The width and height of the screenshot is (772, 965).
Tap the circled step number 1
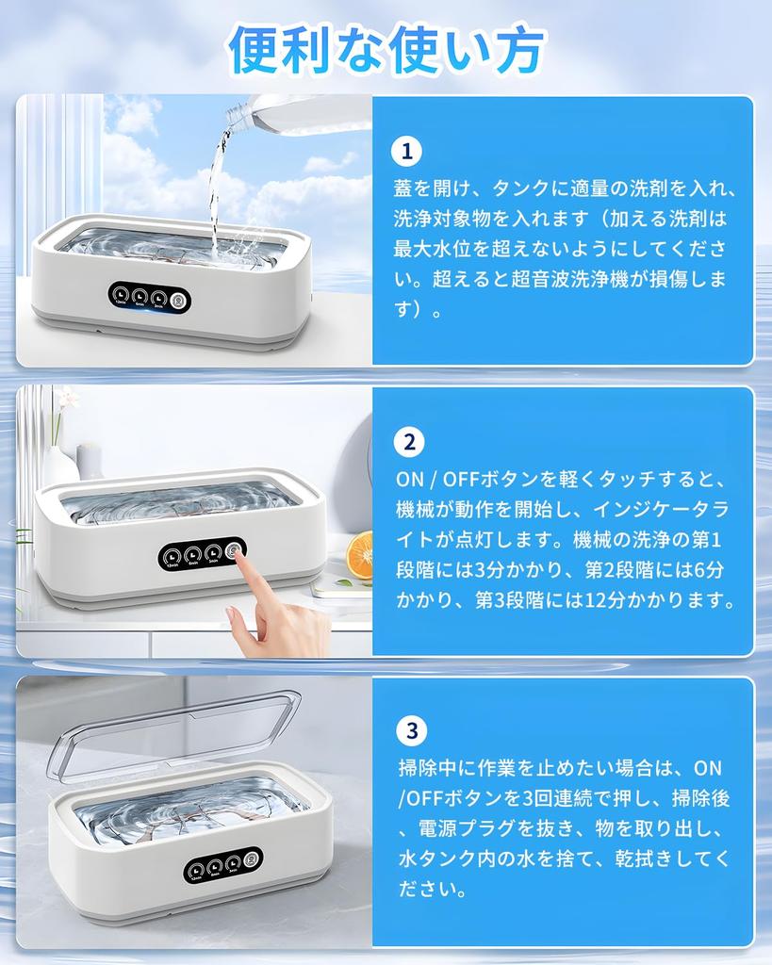(x=407, y=152)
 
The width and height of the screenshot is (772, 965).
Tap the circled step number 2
(x=407, y=442)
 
